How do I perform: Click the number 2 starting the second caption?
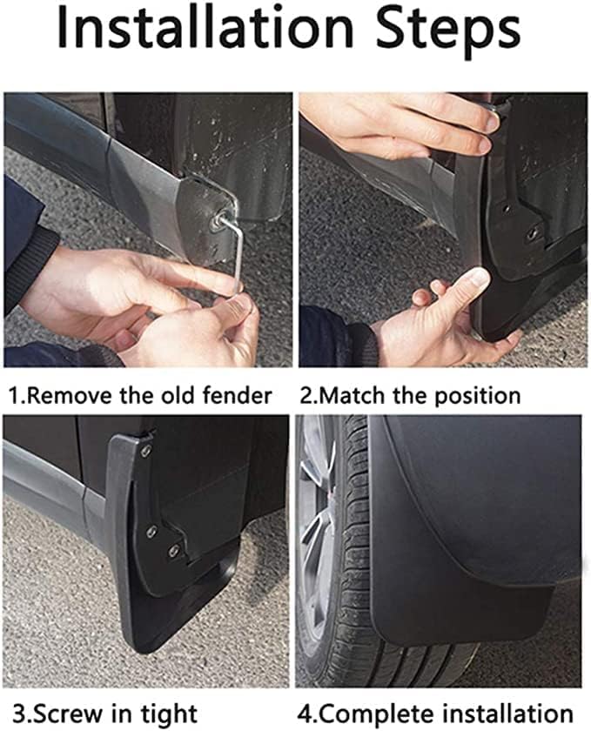click(306, 395)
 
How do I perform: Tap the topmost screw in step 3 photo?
click(146, 450)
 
